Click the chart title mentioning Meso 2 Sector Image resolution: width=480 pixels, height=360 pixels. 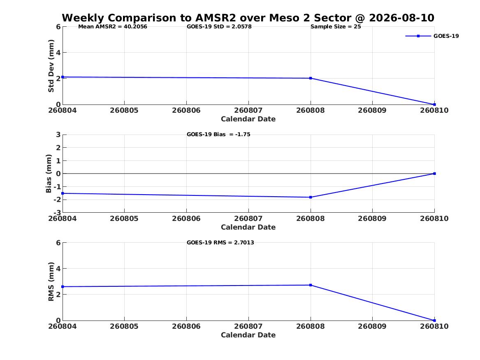point(248,18)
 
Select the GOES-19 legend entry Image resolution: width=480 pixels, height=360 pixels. point(432,36)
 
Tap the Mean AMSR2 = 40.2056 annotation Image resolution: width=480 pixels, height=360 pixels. point(113,27)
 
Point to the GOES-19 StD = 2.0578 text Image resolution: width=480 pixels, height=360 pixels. point(219,27)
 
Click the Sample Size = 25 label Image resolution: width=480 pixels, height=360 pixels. point(336,27)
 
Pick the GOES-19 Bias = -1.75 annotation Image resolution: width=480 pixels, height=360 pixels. point(218,135)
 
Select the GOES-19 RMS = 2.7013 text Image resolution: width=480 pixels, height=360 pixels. point(220,242)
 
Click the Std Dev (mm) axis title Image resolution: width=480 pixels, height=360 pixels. point(51,66)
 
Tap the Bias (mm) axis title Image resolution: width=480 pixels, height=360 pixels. point(49,174)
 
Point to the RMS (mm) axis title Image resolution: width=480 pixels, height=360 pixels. point(51,282)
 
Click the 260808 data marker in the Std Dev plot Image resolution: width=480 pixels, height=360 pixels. point(311,78)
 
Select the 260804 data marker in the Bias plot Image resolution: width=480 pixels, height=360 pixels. point(63,193)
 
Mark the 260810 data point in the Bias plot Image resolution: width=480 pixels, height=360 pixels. point(434,174)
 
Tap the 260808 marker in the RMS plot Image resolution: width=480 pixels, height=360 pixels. point(311,285)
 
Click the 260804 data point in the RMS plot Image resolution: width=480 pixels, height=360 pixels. point(63,287)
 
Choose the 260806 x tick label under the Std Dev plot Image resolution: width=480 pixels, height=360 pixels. point(186,111)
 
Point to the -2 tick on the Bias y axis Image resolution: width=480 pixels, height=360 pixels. point(57,200)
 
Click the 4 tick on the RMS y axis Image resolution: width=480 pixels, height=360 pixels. point(58,269)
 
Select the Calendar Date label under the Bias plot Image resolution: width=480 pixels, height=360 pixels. point(248,227)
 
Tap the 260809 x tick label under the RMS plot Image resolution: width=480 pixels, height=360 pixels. point(372,326)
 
